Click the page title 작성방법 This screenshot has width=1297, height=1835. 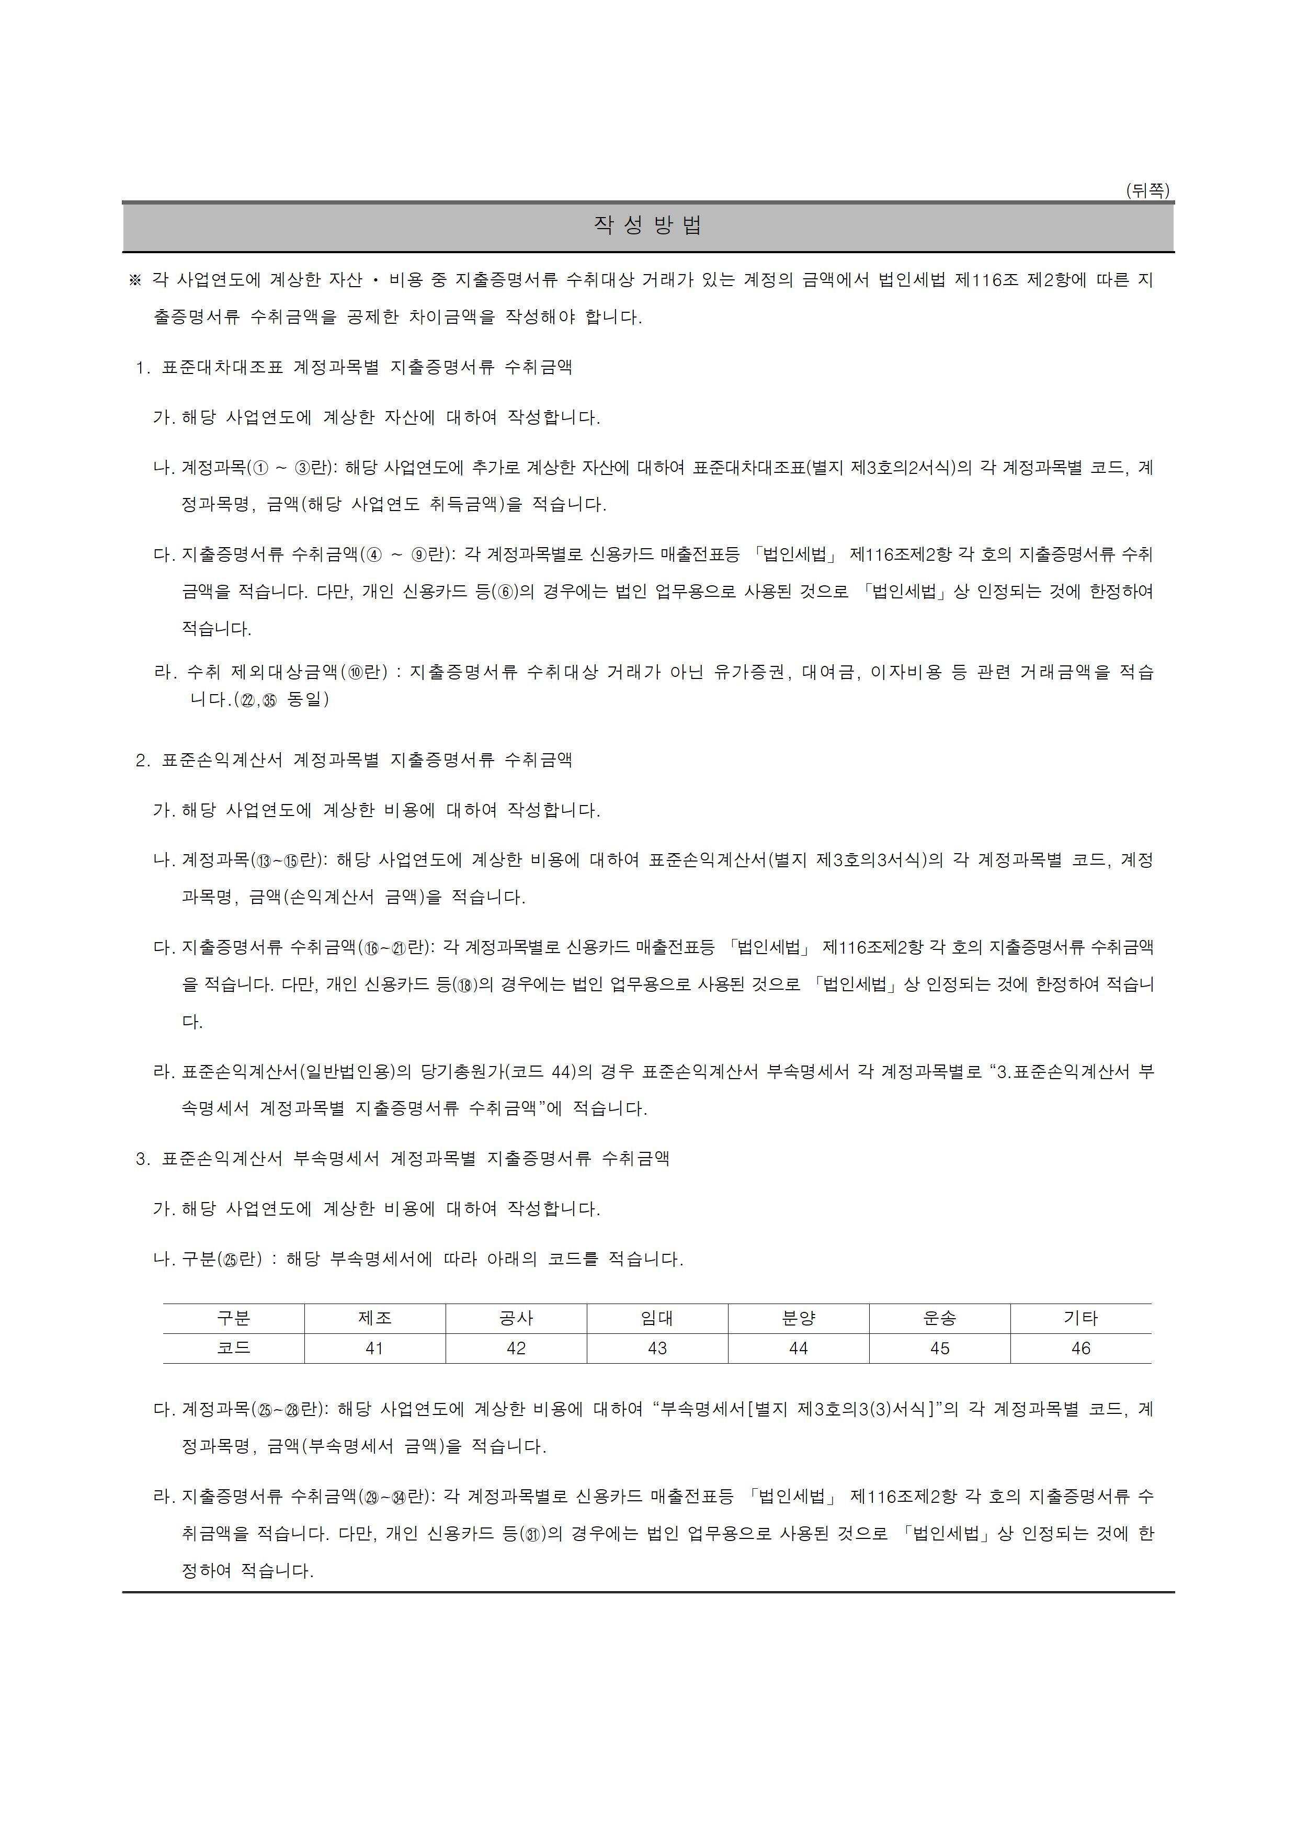click(x=647, y=226)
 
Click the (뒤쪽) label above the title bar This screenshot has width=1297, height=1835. click(x=1147, y=190)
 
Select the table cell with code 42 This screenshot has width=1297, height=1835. click(x=516, y=1349)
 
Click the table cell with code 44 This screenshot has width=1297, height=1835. click(x=799, y=1349)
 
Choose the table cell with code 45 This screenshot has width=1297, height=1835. click(x=940, y=1349)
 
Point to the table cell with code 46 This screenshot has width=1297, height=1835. click(x=1080, y=1349)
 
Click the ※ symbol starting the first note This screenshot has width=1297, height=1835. click(x=134, y=280)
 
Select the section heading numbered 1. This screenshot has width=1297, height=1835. click(x=354, y=368)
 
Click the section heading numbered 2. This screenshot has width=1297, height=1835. click(x=354, y=760)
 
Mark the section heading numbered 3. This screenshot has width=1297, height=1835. click(x=402, y=1159)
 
